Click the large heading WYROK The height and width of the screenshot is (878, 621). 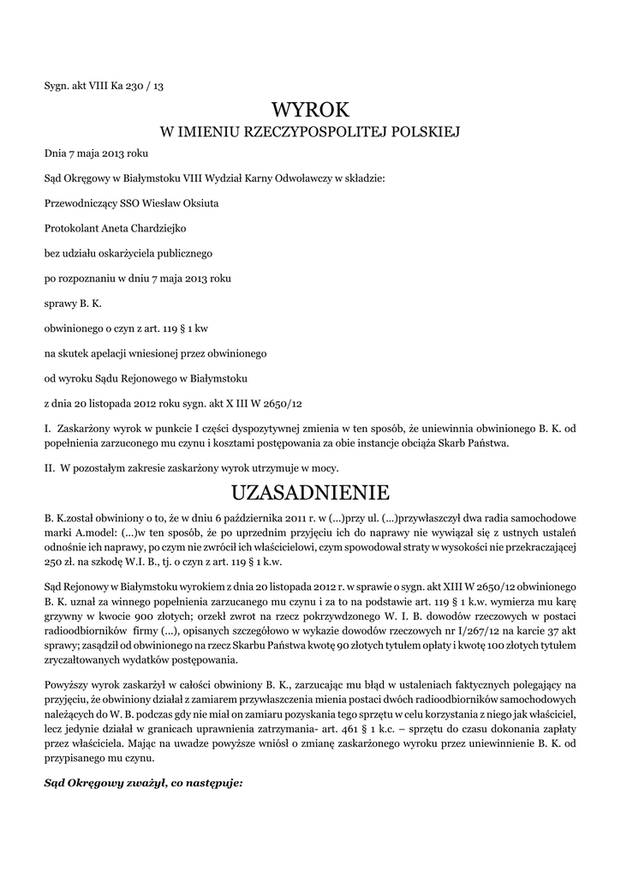click(x=310, y=110)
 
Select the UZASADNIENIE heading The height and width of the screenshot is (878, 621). click(x=309, y=493)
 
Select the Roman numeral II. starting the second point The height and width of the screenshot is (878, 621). click(x=50, y=468)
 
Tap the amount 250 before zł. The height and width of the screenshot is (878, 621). click(x=53, y=562)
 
